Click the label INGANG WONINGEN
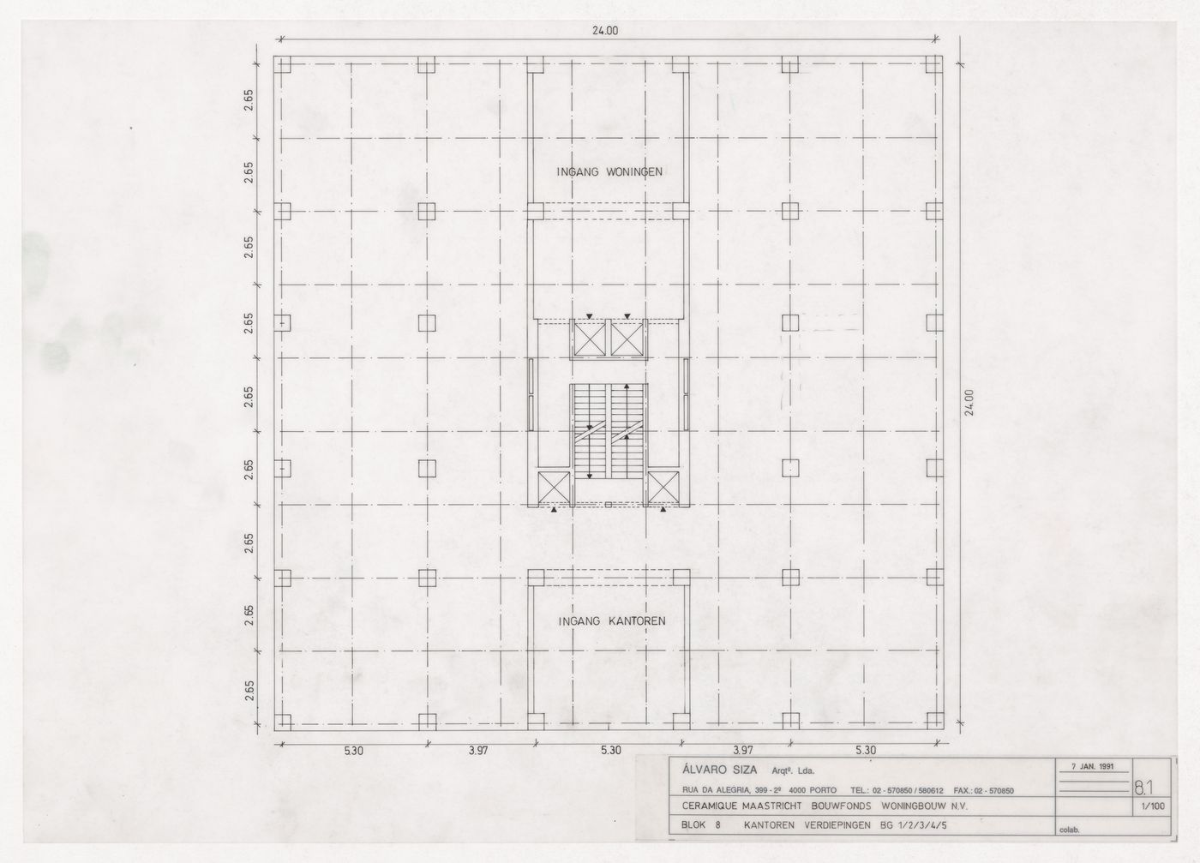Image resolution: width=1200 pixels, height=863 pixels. click(609, 171)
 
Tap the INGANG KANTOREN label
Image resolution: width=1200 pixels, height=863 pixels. click(611, 620)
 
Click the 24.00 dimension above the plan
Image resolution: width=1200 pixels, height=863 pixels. click(605, 30)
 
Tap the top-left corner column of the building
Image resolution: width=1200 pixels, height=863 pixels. click(285, 65)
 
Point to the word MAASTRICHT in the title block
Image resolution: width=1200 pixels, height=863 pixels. click(778, 806)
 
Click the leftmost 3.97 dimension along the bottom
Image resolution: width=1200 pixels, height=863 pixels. click(478, 751)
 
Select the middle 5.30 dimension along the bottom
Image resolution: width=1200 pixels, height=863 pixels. click(610, 751)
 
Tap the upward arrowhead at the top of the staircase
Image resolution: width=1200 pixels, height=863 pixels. click(627, 388)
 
